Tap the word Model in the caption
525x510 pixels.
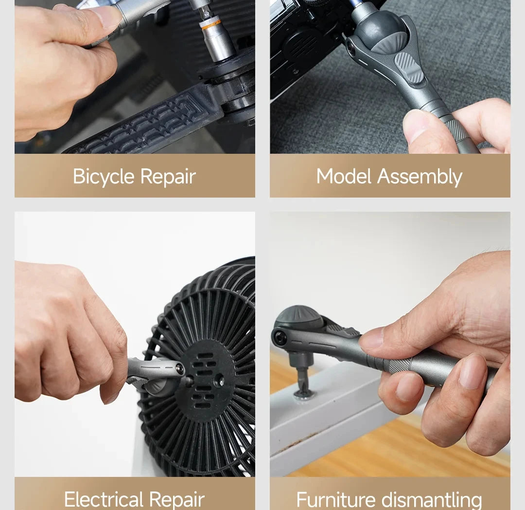click(x=344, y=176)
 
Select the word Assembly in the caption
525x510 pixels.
click(x=420, y=177)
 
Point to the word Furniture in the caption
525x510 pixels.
click(x=335, y=499)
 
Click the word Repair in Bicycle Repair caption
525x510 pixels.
click(x=165, y=177)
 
